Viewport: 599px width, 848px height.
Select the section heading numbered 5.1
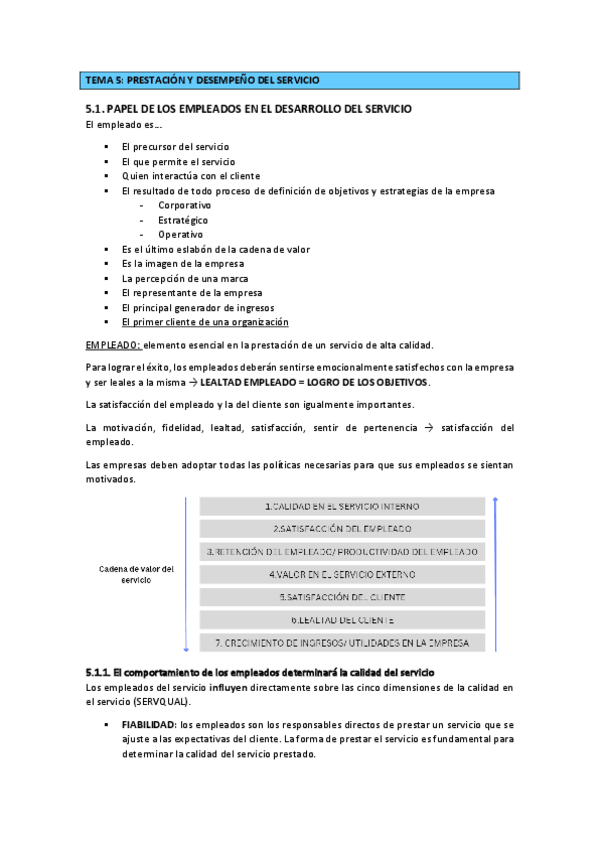coord(248,108)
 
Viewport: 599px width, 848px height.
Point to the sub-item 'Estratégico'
coord(183,220)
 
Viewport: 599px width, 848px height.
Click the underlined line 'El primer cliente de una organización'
coord(205,323)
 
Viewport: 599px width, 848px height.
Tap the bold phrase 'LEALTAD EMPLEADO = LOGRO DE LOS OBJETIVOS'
coord(315,383)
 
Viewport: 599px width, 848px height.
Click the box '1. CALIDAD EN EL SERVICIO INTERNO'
coord(342,506)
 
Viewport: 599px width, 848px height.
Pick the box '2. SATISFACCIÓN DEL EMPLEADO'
coord(342,528)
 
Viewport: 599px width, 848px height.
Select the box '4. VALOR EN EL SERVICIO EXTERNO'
coord(342,574)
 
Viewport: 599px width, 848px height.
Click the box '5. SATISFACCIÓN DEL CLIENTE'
coord(342,597)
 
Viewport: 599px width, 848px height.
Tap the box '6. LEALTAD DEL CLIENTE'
coord(342,619)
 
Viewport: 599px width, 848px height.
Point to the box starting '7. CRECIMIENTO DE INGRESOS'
coord(342,642)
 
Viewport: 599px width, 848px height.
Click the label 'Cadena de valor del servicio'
coord(137,574)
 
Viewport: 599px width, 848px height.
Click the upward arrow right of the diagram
coord(496,571)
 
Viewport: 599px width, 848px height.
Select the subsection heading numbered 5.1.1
coord(260,670)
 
